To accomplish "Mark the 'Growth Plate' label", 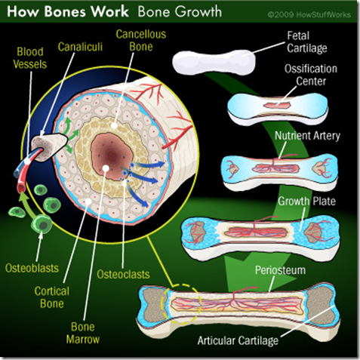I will [x=306, y=202].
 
